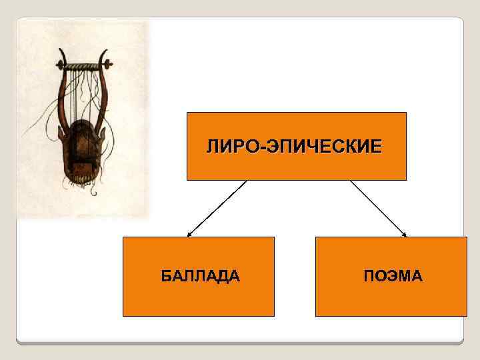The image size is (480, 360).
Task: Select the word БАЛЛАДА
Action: pyautogui.click(x=200, y=276)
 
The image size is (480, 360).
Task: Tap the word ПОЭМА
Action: pyautogui.click(x=393, y=276)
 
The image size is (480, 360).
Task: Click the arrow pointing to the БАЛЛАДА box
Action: pyautogui.click(x=217, y=208)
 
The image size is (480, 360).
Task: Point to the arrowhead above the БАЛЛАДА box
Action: pyautogui.click(x=189, y=235)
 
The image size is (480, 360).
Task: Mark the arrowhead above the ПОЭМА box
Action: pyautogui.click(x=404, y=234)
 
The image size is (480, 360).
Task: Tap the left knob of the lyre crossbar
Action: pyautogui.click(x=60, y=65)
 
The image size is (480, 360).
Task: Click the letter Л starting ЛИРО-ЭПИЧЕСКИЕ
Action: pyautogui.click(x=213, y=146)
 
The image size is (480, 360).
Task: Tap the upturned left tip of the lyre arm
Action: pyautogui.click(x=61, y=51)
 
